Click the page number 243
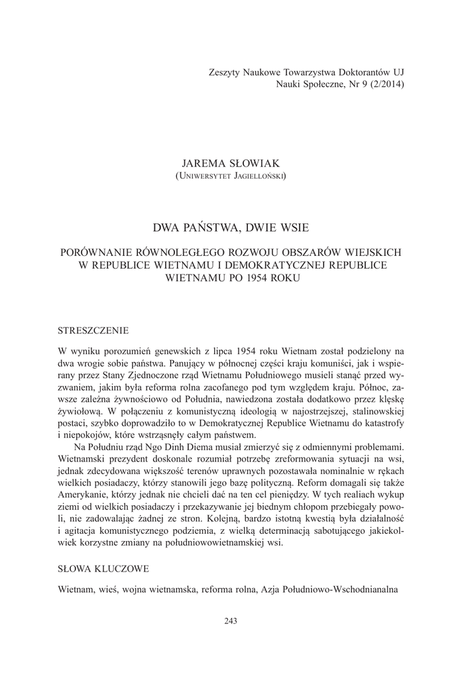click(231, 621)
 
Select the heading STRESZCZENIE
click(93, 330)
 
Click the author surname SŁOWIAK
click(255, 163)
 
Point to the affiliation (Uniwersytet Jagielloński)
click(231, 176)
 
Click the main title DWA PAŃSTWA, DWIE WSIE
click(231, 227)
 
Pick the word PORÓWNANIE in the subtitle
click(99, 253)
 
